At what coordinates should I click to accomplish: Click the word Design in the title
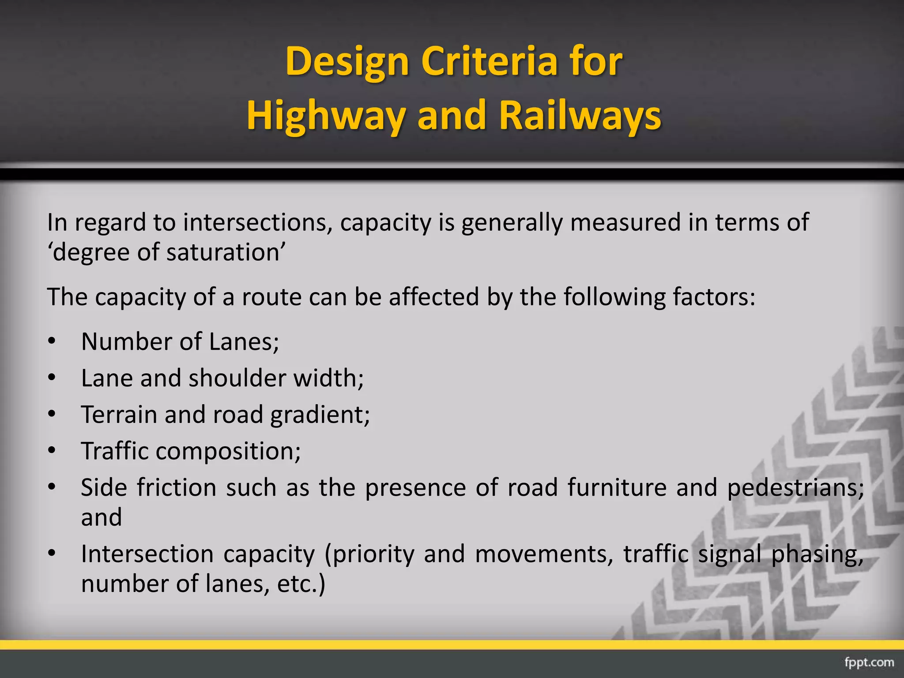coord(347,62)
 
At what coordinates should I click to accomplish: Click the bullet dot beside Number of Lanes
coord(52,342)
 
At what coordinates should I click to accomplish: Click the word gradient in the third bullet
coord(320,415)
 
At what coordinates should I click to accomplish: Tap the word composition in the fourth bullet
coord(228,451)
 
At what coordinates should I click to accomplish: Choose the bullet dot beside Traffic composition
coord(52,451)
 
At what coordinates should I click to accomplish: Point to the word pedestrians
coord(795,488)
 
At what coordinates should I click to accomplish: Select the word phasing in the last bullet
coord(817,554)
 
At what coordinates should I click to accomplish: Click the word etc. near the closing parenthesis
coord(296,584)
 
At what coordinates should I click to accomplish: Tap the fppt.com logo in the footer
coord(869,663)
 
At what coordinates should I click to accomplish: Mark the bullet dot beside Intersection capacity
coord(52,554)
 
